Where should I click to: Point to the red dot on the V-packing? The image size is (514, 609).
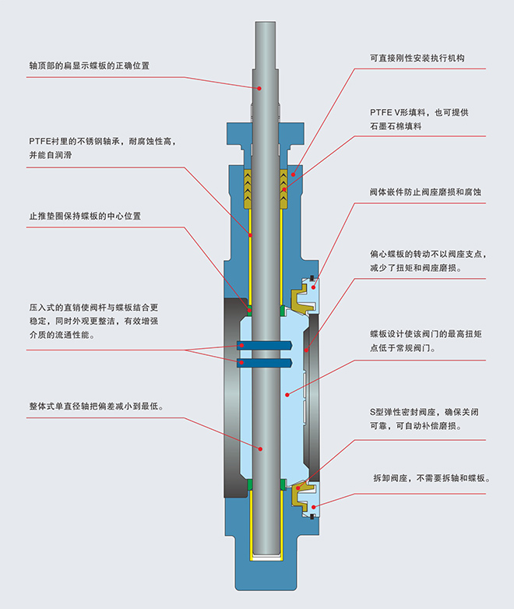coord(285,187)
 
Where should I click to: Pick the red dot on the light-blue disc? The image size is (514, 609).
coord(287,396)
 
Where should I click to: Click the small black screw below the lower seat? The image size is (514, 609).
coord(312,515)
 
